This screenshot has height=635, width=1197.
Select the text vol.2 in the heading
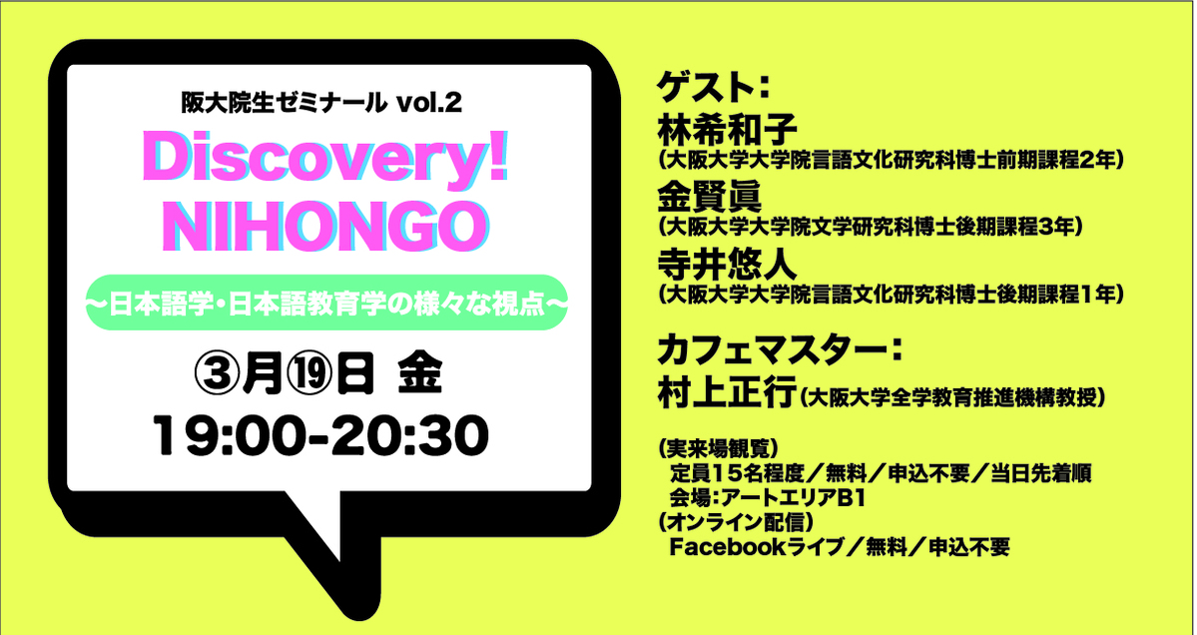pyautogui.click(x=430, y=102)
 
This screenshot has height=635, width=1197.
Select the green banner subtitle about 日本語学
pyautogui.click(x=326, y=303)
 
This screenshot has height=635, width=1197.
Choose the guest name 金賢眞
pyautogui.click(x=709, y=200)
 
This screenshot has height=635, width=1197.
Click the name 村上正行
pyautogui.click(x=726, y=396)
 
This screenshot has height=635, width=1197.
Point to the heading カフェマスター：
pyautogui.click(x=781, y=351)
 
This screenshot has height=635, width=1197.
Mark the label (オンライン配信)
pyautogui.click(x=734, y=523)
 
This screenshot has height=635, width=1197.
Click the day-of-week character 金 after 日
pyautogui.click(x=420, y=376)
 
